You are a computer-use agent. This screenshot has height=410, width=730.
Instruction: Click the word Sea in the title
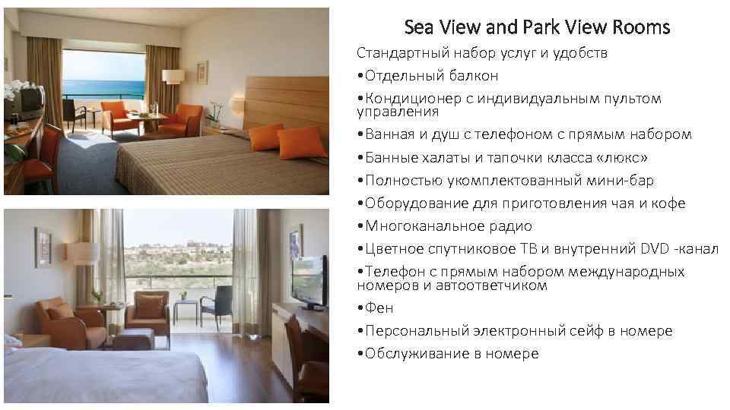[419, 28]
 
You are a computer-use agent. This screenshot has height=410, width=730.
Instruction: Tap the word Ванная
[391, 135]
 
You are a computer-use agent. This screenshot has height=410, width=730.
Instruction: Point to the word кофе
[669, 203]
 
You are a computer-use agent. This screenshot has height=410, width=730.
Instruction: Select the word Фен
[379, 308]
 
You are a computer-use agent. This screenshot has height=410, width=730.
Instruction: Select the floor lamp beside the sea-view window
[174, 84]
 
